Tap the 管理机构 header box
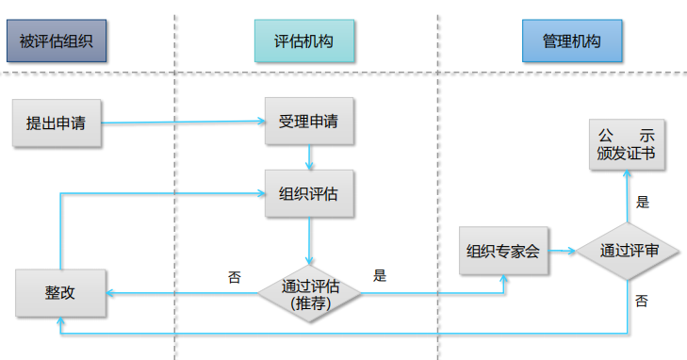572,41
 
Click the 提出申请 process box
56,123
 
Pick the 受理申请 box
309,123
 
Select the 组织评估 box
309,194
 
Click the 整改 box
60,292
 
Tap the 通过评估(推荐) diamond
310,293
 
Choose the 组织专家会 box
503,251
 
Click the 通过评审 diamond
629,251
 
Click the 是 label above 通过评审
643,202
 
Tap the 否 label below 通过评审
642,301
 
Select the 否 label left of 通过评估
234,277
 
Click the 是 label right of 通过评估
380,276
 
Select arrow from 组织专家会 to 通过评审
562,251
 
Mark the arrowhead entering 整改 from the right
110,293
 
